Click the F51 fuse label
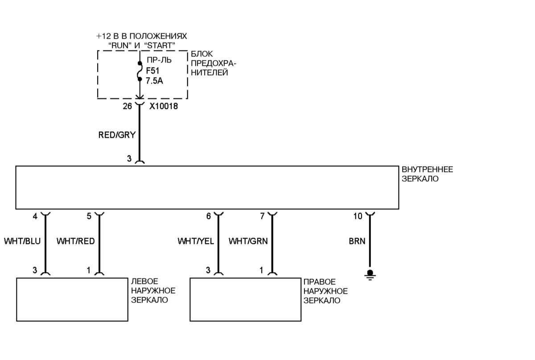point(152,71)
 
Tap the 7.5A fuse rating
point(154,81)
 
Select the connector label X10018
point(164,106)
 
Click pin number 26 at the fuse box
point(128,106)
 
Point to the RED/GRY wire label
point(117,135)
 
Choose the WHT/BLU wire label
point(22,241)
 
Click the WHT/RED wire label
point(75,241)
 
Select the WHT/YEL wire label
point(196,241)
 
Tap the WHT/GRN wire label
point(248,241)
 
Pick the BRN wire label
point(357,241)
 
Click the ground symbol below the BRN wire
point(370,274)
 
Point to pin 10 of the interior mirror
point(358,216)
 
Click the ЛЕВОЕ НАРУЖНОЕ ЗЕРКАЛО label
point(153,291)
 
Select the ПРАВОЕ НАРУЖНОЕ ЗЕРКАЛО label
point(325,291)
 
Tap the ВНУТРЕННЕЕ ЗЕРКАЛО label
point(427,174)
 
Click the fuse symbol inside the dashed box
point(140,71)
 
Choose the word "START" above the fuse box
point(160,46)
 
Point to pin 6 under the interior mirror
point(209,216)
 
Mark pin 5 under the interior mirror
point(89,216)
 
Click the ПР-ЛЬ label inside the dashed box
point(159,60)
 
